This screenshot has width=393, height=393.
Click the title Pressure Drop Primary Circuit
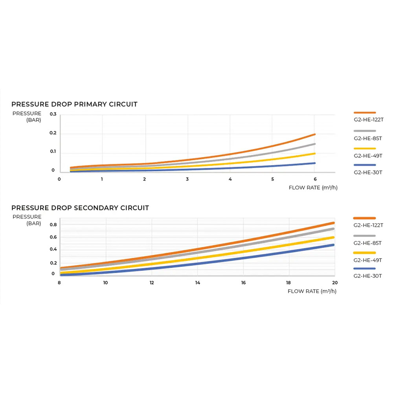tap(74, 105)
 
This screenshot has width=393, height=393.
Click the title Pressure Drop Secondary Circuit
tap(80, 208)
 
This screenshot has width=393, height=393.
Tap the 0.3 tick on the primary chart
tap(53, 114)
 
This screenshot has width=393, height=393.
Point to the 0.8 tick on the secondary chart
tap(53, 225)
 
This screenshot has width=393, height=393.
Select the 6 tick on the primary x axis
tap(315, 179)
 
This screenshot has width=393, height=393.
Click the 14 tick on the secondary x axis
tap(197, 283)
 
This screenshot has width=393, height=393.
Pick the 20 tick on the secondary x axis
tap(334, 283)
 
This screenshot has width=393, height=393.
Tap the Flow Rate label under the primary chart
tap(313, 188)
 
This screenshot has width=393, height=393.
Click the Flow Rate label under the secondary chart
tap(312, 291)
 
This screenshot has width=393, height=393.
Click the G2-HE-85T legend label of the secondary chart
tap(367, 243)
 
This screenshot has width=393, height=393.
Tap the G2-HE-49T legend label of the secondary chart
tap(367, 260)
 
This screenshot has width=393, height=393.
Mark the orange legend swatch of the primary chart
tap(364, 112)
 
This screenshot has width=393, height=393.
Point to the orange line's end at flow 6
tap(315, 134)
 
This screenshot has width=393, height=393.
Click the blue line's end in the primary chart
tap(315, 163)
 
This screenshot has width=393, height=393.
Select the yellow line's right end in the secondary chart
tap(333, 237)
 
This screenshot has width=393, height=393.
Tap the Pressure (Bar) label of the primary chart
tap(32, 117)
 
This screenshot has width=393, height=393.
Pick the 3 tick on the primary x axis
tap(187, 179)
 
